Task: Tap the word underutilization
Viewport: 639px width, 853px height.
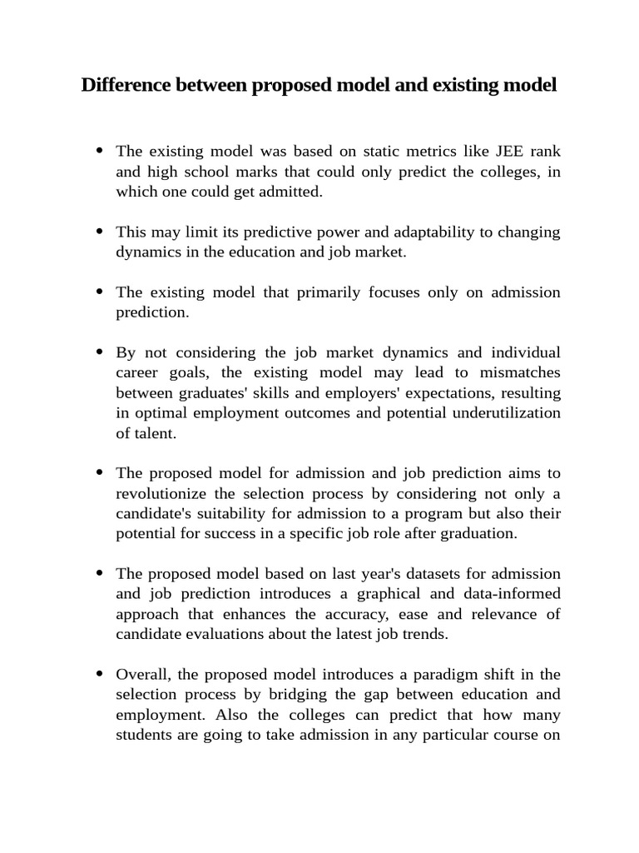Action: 503,412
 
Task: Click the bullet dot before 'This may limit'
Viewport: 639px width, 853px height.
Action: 101,232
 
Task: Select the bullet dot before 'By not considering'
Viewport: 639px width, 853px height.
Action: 101,352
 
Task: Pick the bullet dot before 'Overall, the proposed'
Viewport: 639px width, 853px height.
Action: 101,674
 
